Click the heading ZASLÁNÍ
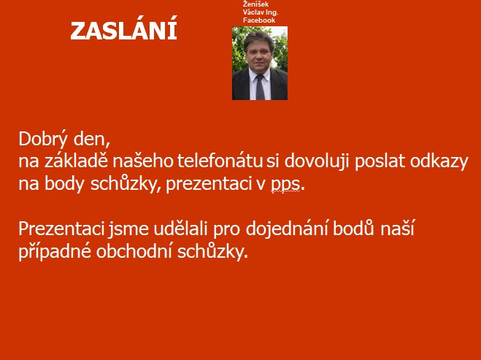click(x=123, y=30)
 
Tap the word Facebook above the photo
click(x=259, y=20)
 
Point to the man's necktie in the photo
click(x=260, y=87)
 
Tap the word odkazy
click(x=439, y=162)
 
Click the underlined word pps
click(x=285, y=185)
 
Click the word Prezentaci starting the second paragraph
click(x=61, y=229)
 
